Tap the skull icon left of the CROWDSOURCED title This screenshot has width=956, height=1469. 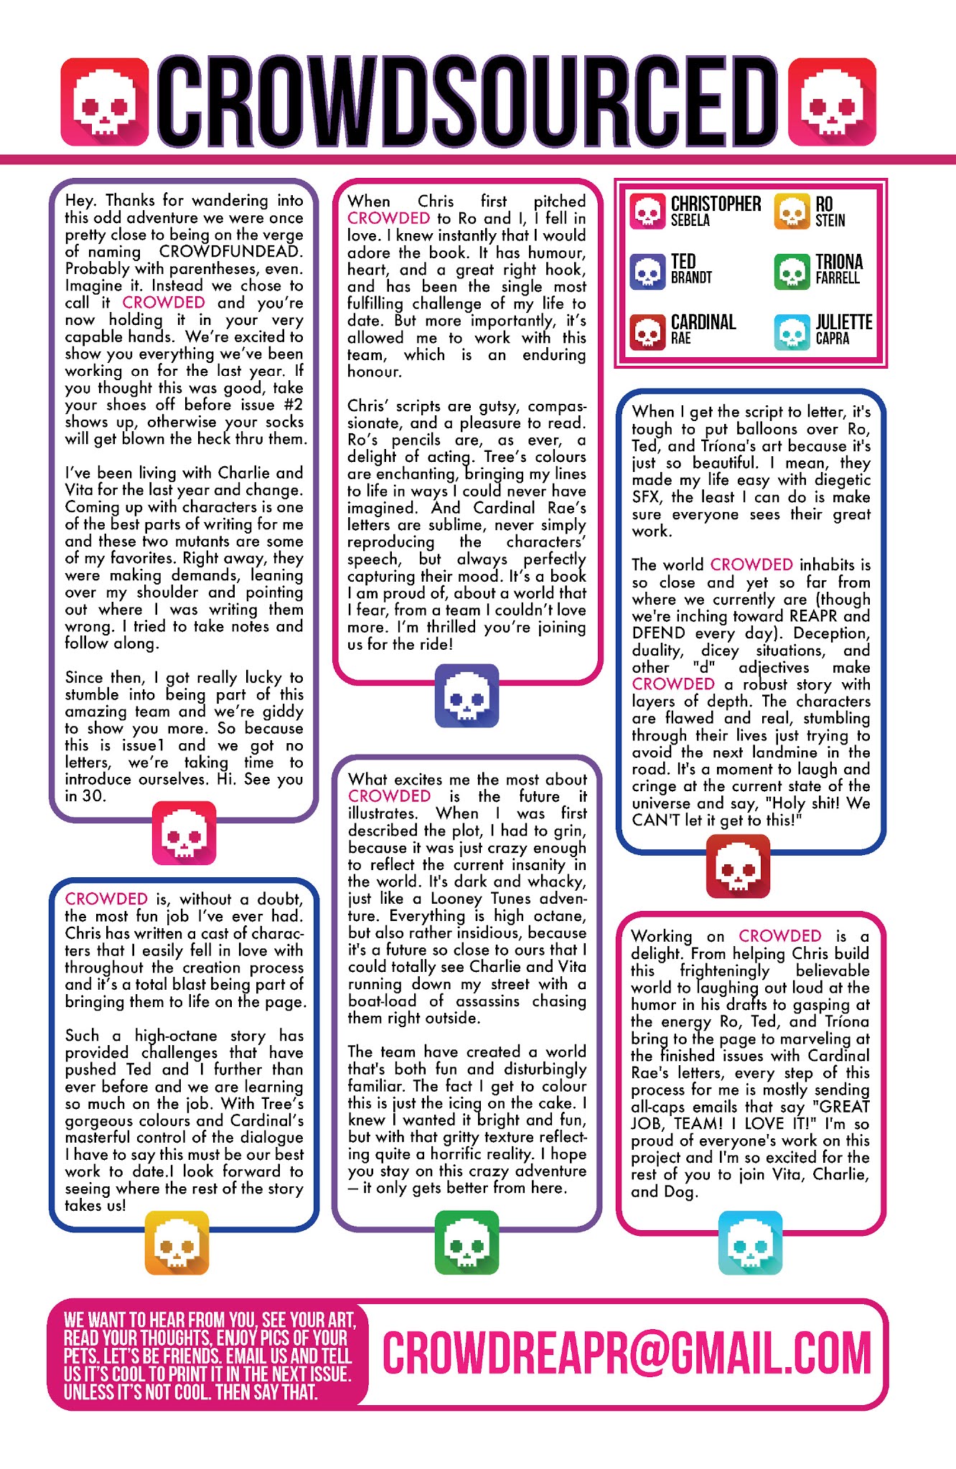[105, 102]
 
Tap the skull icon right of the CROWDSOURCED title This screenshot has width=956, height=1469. [832, 102]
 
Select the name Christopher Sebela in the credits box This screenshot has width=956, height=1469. [716, 211]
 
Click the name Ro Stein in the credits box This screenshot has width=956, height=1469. [830, 211]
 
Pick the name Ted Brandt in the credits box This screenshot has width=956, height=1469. [691, 269]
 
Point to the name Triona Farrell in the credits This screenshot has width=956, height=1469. [839, 269]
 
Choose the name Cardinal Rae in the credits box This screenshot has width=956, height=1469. [703, 329]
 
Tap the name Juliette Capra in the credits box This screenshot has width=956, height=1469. [843, 329]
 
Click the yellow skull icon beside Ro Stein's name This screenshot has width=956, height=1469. [792, 212]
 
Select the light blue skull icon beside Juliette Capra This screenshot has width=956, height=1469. [792, 331]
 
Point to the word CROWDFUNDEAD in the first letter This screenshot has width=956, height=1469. [231, 252]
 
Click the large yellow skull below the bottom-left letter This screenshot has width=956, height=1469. [177, 1243]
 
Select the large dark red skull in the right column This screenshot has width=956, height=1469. [738, 866]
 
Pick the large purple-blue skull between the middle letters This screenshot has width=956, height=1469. [467, 696]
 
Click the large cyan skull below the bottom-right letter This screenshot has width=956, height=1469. [750, 1243]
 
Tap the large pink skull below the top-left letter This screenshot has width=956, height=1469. [184, 833]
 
